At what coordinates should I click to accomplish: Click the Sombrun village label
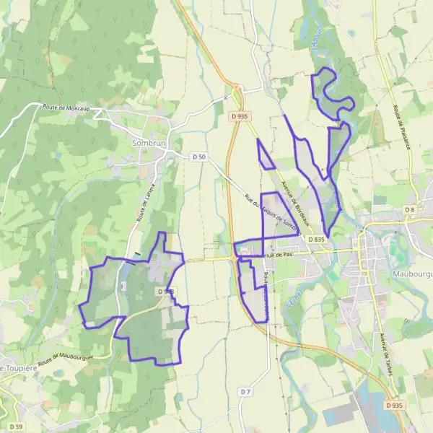[x=149, y=144]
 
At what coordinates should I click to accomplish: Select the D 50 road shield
[x=199, y=157]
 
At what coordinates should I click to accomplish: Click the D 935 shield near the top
[x=240, y=116]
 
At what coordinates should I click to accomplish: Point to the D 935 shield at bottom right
[x=394, y=406]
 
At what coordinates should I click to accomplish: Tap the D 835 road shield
[x=315, y=239]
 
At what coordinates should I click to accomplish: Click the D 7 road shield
[x=245, y=391]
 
